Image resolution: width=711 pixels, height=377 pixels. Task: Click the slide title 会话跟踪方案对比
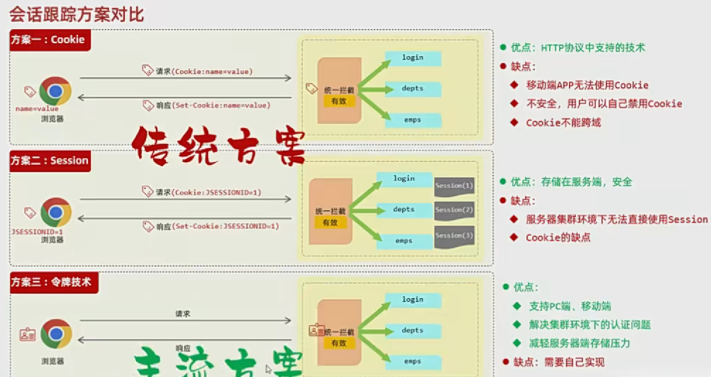[x=76, y=15]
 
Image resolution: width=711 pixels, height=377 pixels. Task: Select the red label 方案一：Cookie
[x=49, y=40]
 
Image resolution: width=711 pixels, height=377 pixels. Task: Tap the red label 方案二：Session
[x=50, y=161]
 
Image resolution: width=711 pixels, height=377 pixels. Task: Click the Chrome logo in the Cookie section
[x=55, y=91]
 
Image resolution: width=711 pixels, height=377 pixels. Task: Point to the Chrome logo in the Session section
[x=56, y=212]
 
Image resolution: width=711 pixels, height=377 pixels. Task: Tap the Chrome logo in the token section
[x=56, y=334]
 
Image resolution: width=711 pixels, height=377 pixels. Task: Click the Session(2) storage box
[x=454, y=210]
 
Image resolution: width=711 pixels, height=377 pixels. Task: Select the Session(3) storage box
[x=454, y=236]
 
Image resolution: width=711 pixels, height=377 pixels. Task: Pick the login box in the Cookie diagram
[x=413, y=58]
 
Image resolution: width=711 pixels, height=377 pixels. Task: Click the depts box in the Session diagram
[x=404, y=209]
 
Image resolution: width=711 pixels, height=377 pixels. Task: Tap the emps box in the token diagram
[x=413, y=361]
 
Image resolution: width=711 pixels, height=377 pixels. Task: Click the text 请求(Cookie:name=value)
[x=204, y=72]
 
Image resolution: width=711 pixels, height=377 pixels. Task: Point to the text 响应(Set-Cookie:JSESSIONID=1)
[x=217, y=226]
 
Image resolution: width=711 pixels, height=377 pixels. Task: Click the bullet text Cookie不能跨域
[x=563, y=123]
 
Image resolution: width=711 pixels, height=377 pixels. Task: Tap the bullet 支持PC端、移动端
[x=570, y=306]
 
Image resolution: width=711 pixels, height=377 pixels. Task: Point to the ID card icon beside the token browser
[x=27, y=335]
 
